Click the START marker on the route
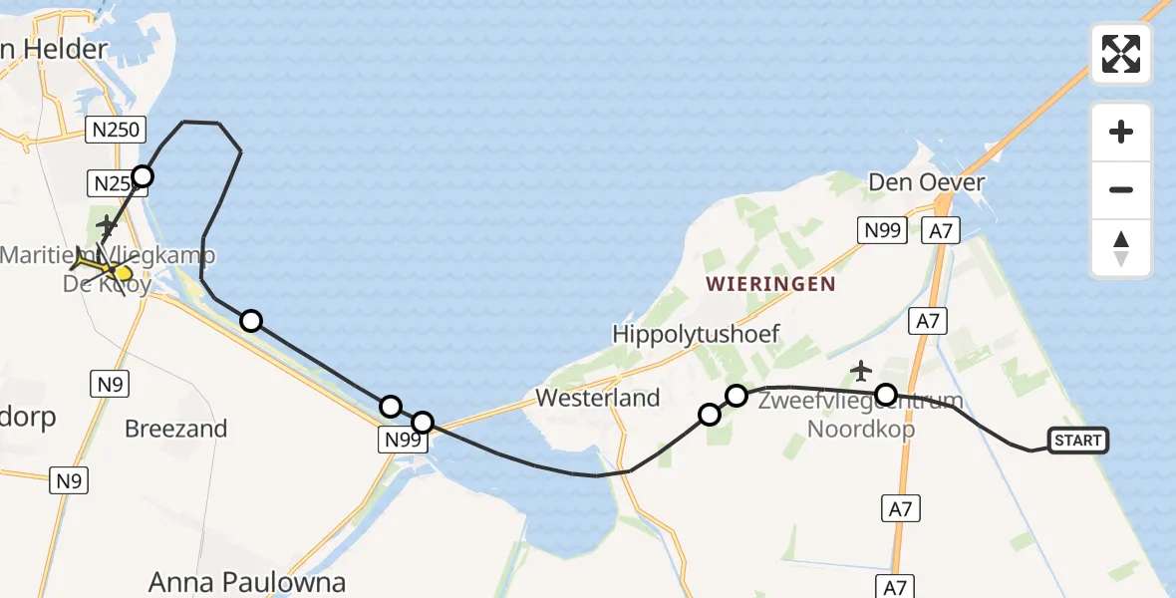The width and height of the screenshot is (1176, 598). [1077, 441]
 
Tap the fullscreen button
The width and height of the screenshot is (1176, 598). [1121, 54]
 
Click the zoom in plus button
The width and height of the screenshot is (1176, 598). [1121, 133]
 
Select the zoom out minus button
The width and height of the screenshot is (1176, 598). [1121, 190]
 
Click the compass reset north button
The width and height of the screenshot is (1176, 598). [1121, 248]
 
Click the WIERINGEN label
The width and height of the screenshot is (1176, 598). [770, 284]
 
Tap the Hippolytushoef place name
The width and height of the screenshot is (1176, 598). [697, 334]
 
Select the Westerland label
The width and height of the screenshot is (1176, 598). [598, 398]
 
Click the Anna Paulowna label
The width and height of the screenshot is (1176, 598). [247, 582]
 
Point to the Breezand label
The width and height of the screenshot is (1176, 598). [176, 429]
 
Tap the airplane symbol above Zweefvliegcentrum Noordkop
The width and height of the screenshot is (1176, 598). [861, 371]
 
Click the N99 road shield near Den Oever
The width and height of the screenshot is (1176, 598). [881, 231]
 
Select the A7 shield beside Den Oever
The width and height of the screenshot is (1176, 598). [941, 231]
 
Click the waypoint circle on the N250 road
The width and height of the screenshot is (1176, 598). [143, 177]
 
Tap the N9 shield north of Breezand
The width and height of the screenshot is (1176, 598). [107, 384]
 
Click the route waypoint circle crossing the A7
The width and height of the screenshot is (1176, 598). [885, 395]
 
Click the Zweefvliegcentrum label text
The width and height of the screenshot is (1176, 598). [860, 402]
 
